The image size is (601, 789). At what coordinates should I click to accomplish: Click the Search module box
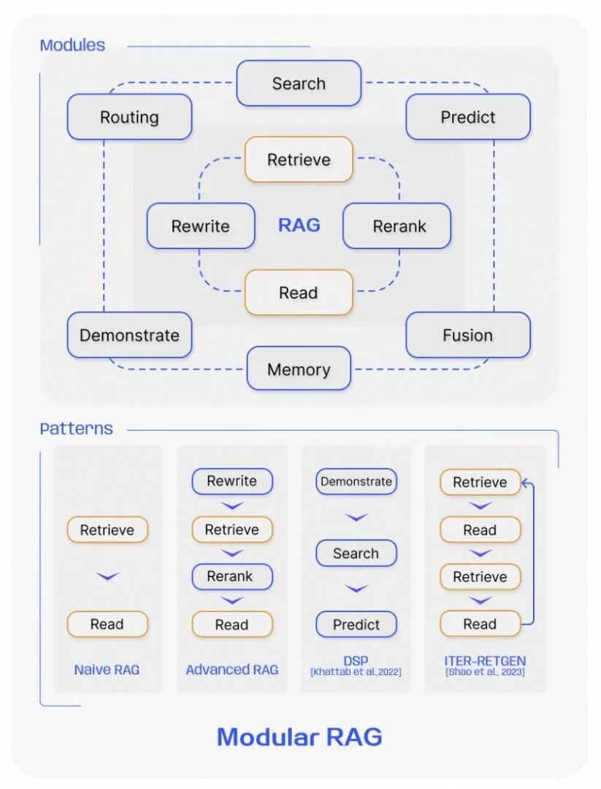click(x=299, y=83)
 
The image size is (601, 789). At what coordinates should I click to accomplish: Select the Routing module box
click(x=129, y=117)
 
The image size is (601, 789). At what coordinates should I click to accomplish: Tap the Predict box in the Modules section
click(x=468, y=117)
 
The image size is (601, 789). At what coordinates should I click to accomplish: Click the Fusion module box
click(x=468, y=335)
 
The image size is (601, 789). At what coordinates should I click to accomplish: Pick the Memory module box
click(x=299, y=369)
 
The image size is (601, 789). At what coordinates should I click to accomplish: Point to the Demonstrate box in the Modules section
click(x=129, y=335)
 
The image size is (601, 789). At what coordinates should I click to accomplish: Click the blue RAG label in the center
click(x=299, y=225)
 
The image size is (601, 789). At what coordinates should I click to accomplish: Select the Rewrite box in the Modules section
click(x=201, y=226)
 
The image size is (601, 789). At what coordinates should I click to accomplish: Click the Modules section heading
click(x=72, y=45)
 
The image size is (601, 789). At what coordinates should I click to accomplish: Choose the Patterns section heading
click(x=76, y=429)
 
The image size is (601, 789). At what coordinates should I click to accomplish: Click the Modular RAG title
click(x=299, y=736)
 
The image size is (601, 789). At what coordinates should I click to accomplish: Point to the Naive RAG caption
click(x=107, y=669)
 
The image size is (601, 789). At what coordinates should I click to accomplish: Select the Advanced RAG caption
click(x=231, y=669)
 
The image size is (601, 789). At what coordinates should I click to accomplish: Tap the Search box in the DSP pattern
click(x=356, y=554)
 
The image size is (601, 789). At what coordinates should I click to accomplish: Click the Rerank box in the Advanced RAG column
click(x=231, y=577)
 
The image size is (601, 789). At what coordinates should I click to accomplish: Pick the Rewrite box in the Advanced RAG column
click(x=231, y=481)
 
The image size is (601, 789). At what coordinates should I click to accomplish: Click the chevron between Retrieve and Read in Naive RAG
click(x=107, y=577)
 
